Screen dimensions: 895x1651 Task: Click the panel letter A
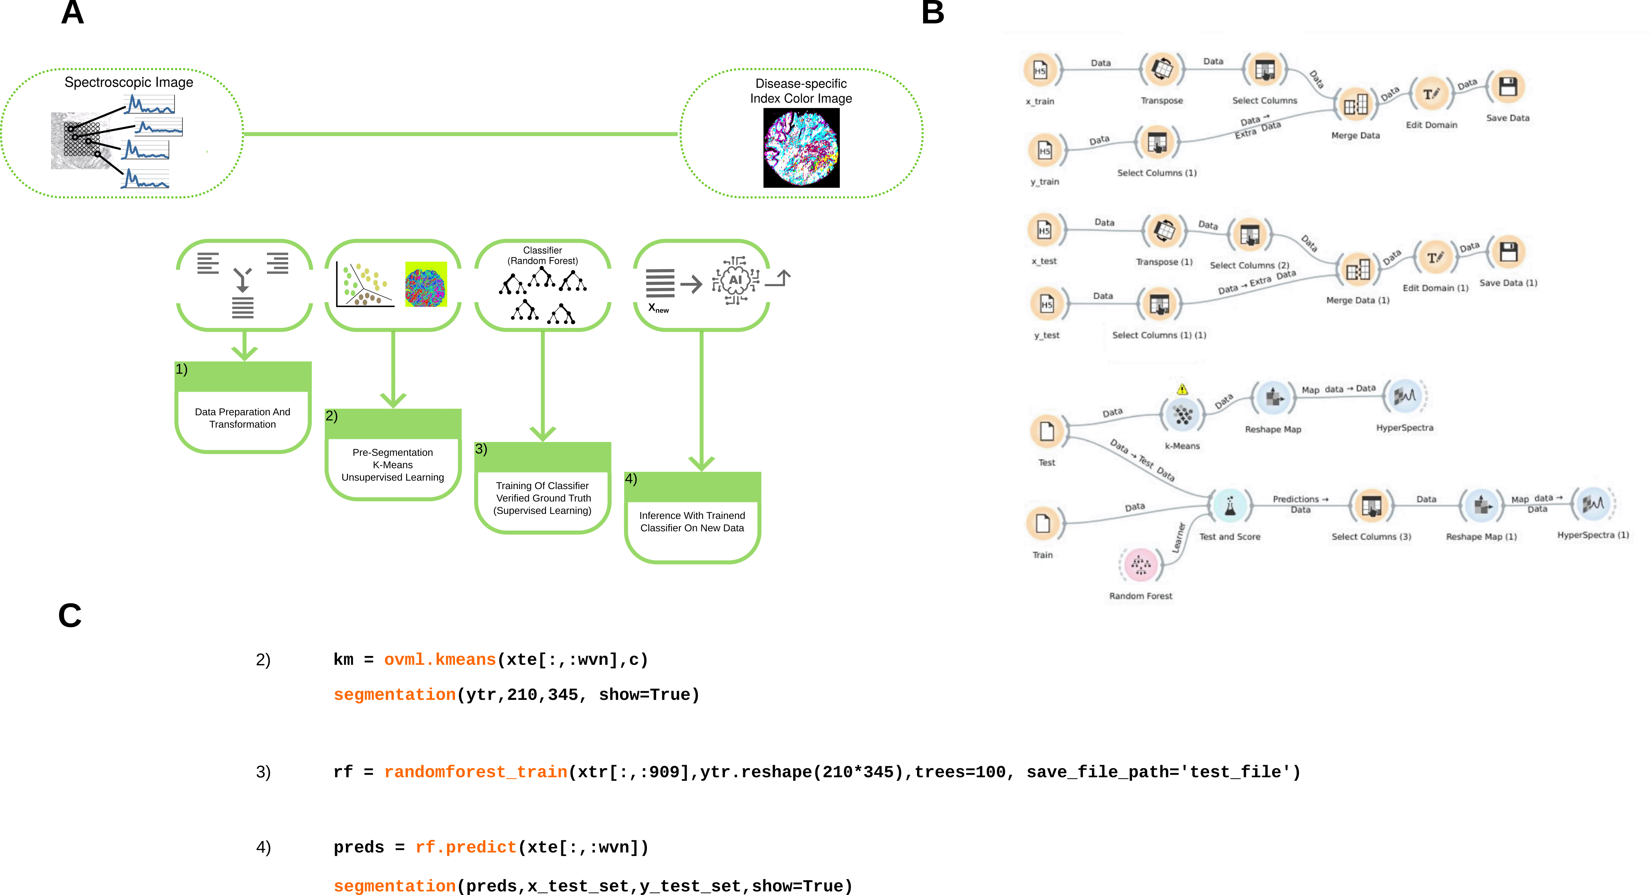[72, 13]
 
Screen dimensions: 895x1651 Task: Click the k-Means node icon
[1183, 415]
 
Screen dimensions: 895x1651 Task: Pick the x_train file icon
[1040, 70]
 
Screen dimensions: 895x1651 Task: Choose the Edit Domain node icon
[1431, 94]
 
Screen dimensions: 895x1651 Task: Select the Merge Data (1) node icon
[1357, 270]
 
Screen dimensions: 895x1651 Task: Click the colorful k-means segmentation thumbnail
[426, 284]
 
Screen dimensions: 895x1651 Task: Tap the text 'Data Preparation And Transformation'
[242, 418]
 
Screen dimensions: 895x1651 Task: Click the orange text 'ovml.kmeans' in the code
[440, 659]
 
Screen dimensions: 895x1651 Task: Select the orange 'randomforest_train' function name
[476, 772]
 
